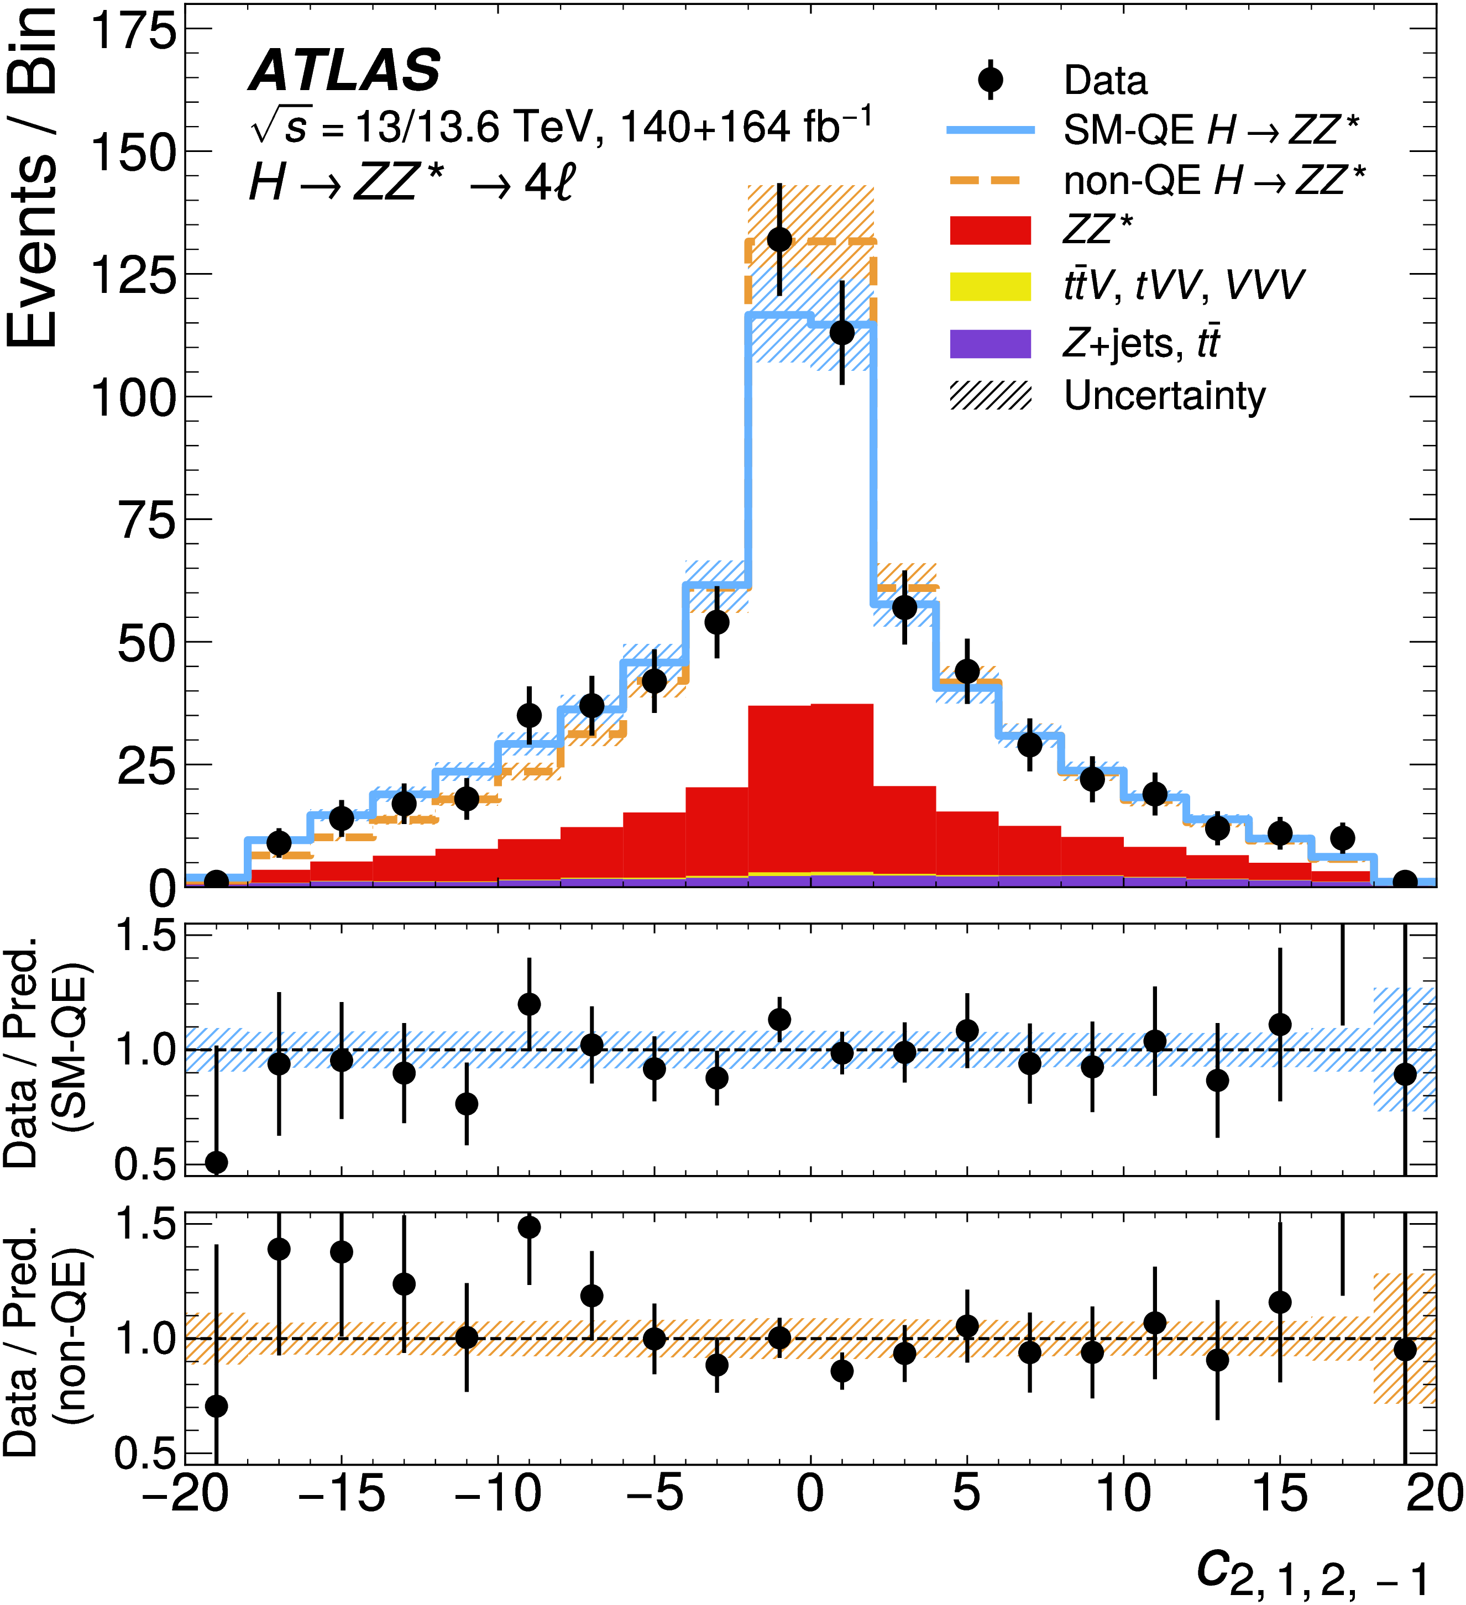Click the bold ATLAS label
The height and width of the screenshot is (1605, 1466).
(345, 71)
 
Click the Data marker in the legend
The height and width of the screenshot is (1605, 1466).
(991, 80)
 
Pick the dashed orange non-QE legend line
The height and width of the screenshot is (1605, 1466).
(991, 181)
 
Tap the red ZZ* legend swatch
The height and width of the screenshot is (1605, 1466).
(991, 230)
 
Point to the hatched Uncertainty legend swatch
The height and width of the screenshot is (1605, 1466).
(991, 396)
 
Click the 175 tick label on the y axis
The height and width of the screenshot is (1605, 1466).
(133, 32)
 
